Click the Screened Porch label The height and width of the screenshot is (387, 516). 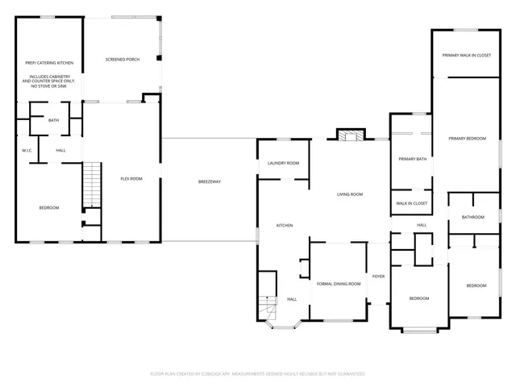coord(123,60)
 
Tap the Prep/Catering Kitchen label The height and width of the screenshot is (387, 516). coord(49,62)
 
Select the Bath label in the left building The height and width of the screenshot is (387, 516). coord(53,120)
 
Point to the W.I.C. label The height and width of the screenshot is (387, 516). coord(27,151)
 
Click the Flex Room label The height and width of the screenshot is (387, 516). coord(131,178)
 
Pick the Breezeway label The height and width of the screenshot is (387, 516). coord(209,181)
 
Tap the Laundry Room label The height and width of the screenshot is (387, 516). coord(284,163)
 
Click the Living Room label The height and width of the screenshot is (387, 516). coord(350,194)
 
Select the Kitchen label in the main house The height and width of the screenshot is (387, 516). coord(285,225)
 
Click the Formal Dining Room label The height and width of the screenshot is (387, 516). coord(338,284)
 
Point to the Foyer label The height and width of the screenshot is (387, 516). coord(378,277)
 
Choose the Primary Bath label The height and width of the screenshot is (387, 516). coord(412,159)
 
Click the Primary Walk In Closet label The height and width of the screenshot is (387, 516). coord(467,55)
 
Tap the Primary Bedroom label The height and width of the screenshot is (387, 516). coord(468,139)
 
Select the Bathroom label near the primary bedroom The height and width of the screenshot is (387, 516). coord(473,217)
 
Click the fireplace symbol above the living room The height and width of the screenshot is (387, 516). coord(349,135)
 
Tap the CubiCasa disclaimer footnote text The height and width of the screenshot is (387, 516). coord(258,373)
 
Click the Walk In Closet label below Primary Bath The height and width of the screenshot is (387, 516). coord(412,203)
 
